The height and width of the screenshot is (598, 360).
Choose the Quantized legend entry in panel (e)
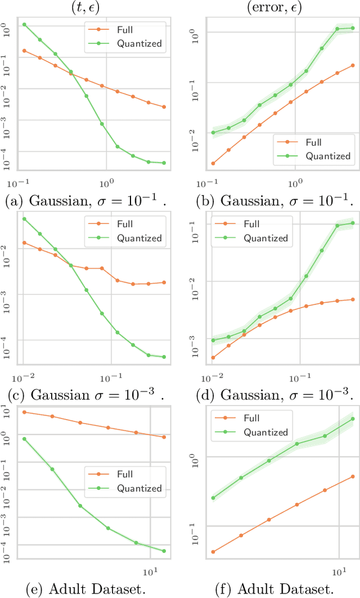point(139,488)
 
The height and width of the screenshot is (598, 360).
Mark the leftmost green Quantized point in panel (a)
point(24,25)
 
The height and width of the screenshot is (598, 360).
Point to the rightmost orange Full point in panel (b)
point(353,65)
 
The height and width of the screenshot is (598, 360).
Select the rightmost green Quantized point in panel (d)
point(353,223)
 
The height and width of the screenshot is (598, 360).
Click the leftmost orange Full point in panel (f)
point(213,552)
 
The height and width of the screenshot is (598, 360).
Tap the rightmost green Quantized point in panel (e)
point(164,551)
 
